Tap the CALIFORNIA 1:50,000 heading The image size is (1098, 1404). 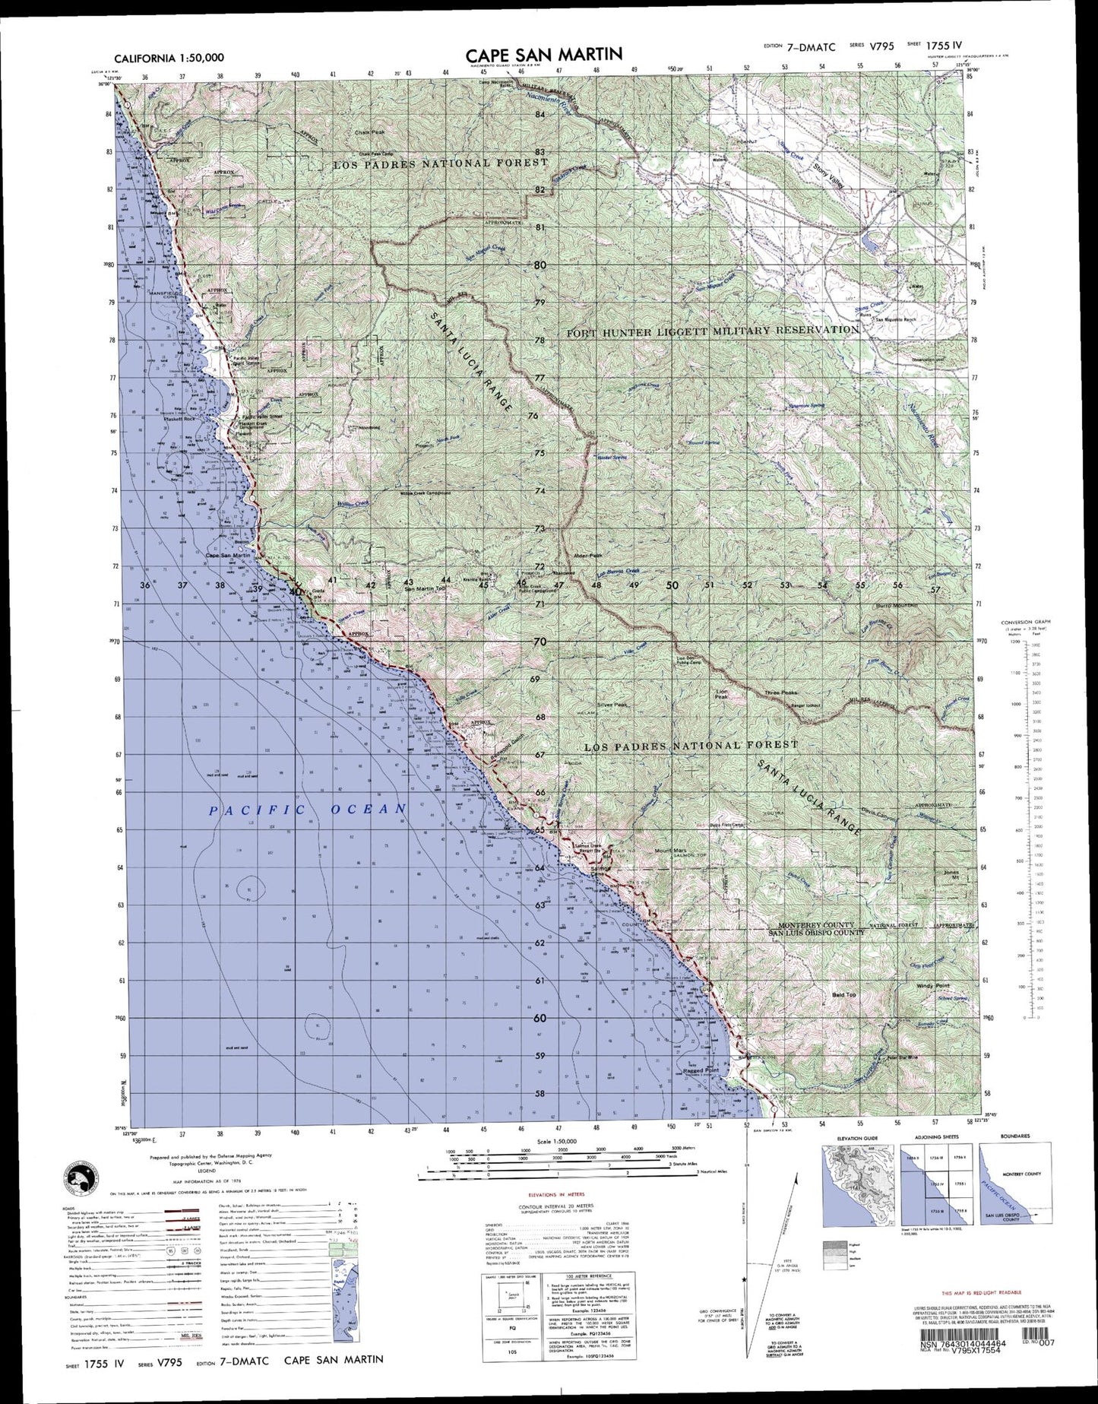click(x=169, y=58)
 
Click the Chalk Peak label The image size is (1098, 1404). click(x=370, y=132)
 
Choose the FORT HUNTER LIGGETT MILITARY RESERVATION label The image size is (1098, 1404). click(x=713, y=331)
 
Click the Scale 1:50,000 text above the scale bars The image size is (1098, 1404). click(x=556, y=1142)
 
